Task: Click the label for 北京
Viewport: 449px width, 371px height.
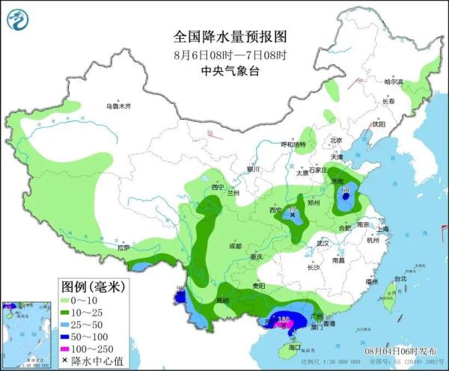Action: pyautogui.click(x=335, y=141)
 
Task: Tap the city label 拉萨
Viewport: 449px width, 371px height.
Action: pyautogui.click(x=123, y=247)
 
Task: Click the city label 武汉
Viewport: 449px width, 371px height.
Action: pyautogui.click(x=323, y=243)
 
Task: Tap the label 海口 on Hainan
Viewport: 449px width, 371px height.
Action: pyautogui.click(x=294, y=347)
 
